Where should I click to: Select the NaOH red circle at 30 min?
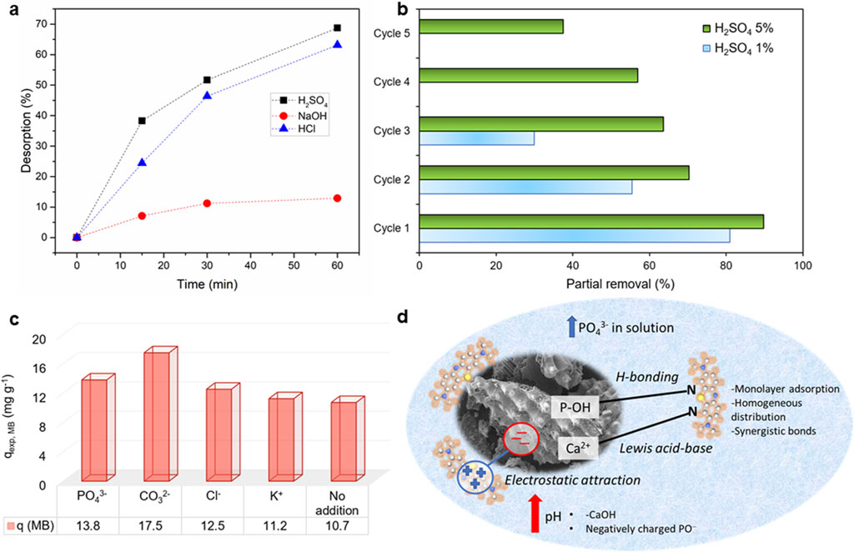[207, 203]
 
